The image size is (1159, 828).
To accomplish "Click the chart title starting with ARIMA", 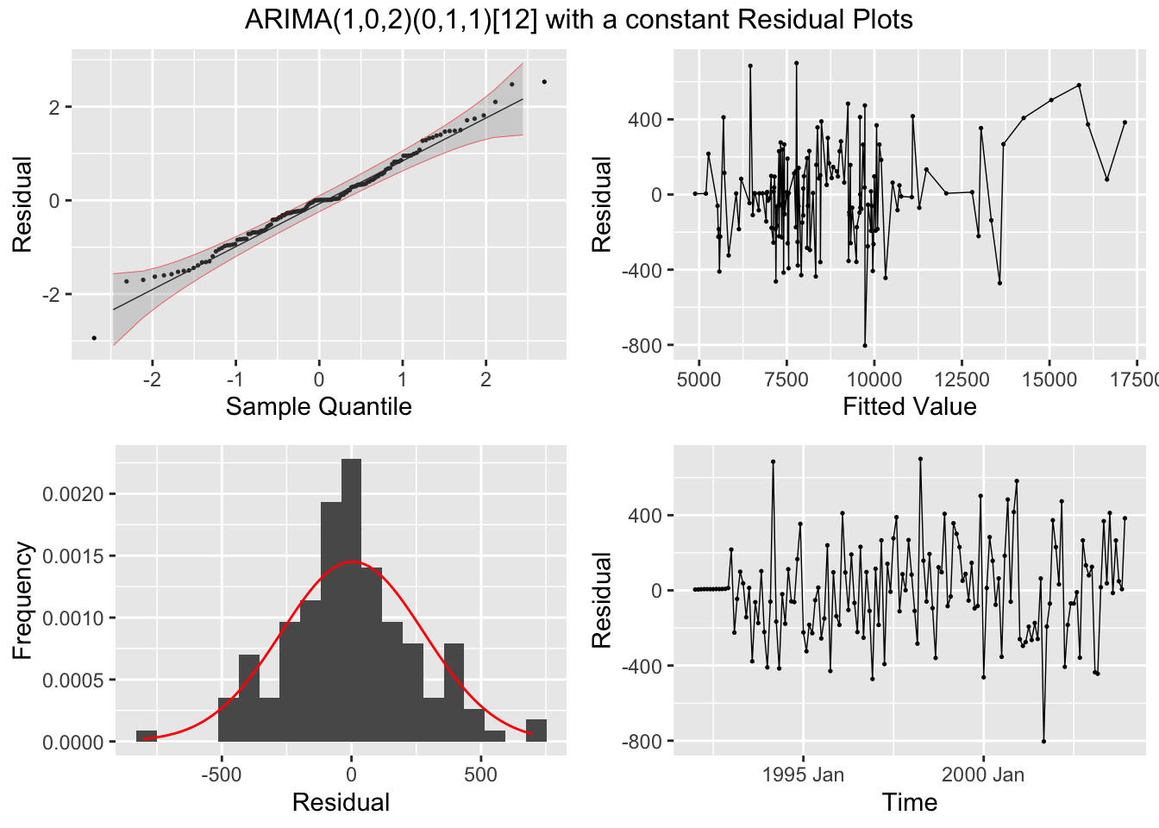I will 579,19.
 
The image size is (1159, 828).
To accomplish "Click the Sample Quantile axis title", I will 318,406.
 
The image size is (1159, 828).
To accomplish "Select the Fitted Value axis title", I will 909,406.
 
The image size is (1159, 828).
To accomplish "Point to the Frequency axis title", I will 22,600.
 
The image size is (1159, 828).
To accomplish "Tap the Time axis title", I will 909,802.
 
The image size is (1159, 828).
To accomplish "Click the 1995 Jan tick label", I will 803,775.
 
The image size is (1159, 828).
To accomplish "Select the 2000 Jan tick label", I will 983,775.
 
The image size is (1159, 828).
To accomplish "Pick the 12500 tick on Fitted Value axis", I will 962,380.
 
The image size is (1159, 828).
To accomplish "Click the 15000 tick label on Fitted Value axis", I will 1049,380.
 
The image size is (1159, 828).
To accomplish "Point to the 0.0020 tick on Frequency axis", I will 73,494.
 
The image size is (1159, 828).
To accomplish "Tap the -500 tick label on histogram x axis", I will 222,775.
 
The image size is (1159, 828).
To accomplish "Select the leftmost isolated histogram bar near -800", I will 147,736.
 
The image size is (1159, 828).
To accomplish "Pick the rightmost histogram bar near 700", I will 536,731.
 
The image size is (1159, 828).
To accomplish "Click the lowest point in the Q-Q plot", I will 94,337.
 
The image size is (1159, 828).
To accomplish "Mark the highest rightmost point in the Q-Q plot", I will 544,82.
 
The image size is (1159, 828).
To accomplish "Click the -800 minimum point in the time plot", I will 1043,741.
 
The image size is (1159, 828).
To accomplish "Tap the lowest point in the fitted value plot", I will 865,345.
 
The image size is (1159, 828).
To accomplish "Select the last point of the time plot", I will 1125,518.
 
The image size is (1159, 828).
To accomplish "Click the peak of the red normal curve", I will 353,562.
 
